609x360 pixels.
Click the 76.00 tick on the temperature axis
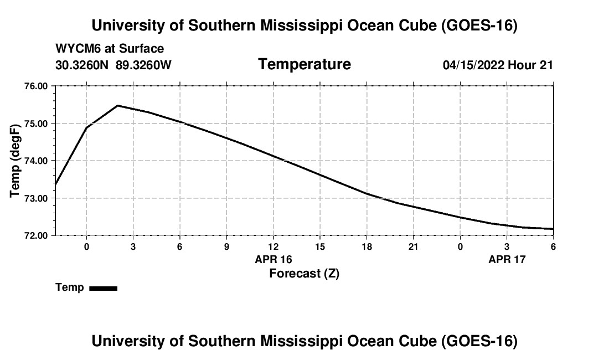36,86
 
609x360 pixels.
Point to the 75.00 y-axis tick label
36,124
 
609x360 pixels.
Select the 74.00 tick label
36,161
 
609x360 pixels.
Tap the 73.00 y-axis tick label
36,198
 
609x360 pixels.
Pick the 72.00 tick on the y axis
36,235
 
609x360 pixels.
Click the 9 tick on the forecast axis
226,246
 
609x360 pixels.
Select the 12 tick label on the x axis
273,246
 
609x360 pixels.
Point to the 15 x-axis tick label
320,246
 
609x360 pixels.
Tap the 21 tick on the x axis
413,246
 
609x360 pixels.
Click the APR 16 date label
273,259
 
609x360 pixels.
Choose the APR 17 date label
507,259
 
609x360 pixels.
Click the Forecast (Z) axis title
304,274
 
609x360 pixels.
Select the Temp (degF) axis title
15,161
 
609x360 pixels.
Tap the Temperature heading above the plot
304,64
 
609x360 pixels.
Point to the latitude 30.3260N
82,65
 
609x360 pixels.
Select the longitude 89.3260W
143,65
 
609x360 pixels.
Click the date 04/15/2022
473,65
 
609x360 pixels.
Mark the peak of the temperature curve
118,105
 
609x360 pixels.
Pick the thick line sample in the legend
104,288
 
